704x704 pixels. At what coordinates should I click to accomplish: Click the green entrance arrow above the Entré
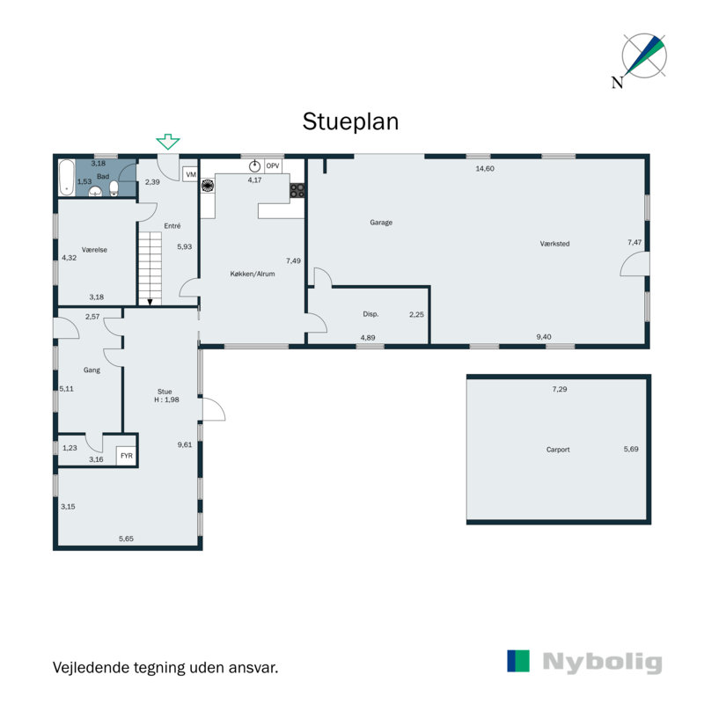point(168,142)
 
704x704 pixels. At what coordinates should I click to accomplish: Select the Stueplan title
point(350,121)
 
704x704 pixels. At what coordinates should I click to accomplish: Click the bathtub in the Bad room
point(67,178)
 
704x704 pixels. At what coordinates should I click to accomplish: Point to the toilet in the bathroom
point(114,189)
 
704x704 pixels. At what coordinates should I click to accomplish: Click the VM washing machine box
point(190,174)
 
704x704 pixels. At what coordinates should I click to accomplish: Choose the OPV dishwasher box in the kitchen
point(273,166)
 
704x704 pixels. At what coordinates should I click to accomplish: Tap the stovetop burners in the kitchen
point(297,190)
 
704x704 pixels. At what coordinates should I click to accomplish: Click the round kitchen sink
point(254,166)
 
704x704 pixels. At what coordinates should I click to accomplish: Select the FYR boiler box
point(126,456)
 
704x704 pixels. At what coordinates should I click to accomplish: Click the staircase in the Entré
point(150,269)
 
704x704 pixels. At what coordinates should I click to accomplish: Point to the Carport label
point(558,450)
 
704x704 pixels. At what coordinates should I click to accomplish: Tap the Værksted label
point(554,244)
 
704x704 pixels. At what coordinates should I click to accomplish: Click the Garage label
point(381,223)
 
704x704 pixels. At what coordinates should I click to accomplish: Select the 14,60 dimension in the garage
point(485,169)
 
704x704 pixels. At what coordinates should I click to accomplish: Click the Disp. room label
point(370,314)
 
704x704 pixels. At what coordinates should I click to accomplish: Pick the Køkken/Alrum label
point(253,274)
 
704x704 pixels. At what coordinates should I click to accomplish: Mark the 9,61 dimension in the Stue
point(185,444)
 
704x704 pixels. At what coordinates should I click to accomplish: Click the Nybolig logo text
point(602,663)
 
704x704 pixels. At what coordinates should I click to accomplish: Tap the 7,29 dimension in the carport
point(560,389)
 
